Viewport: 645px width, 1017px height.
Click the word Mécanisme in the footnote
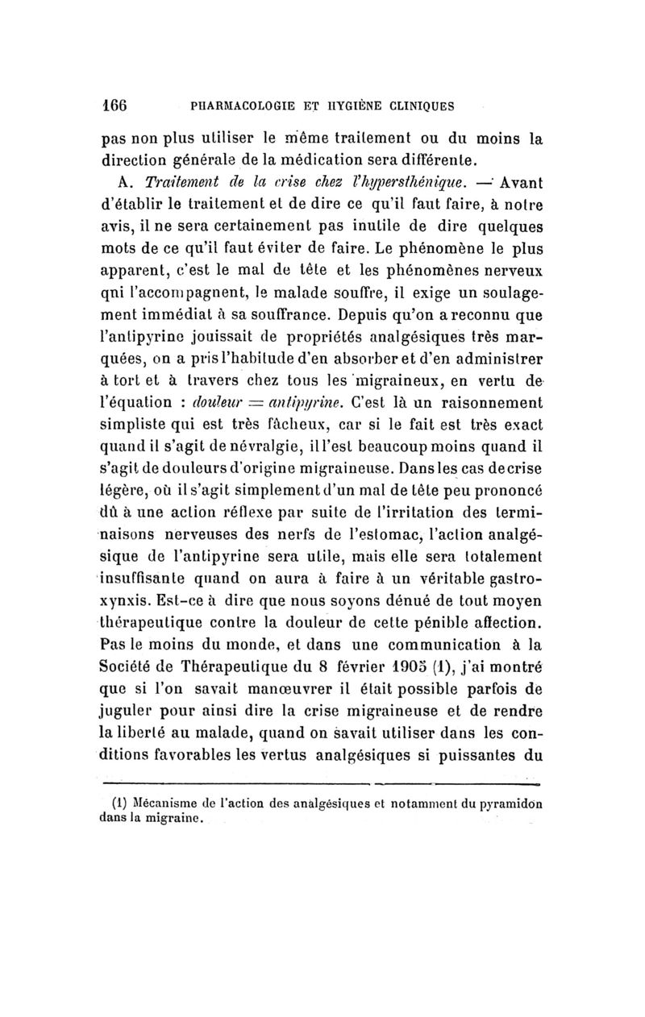click(x=166, y=803)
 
